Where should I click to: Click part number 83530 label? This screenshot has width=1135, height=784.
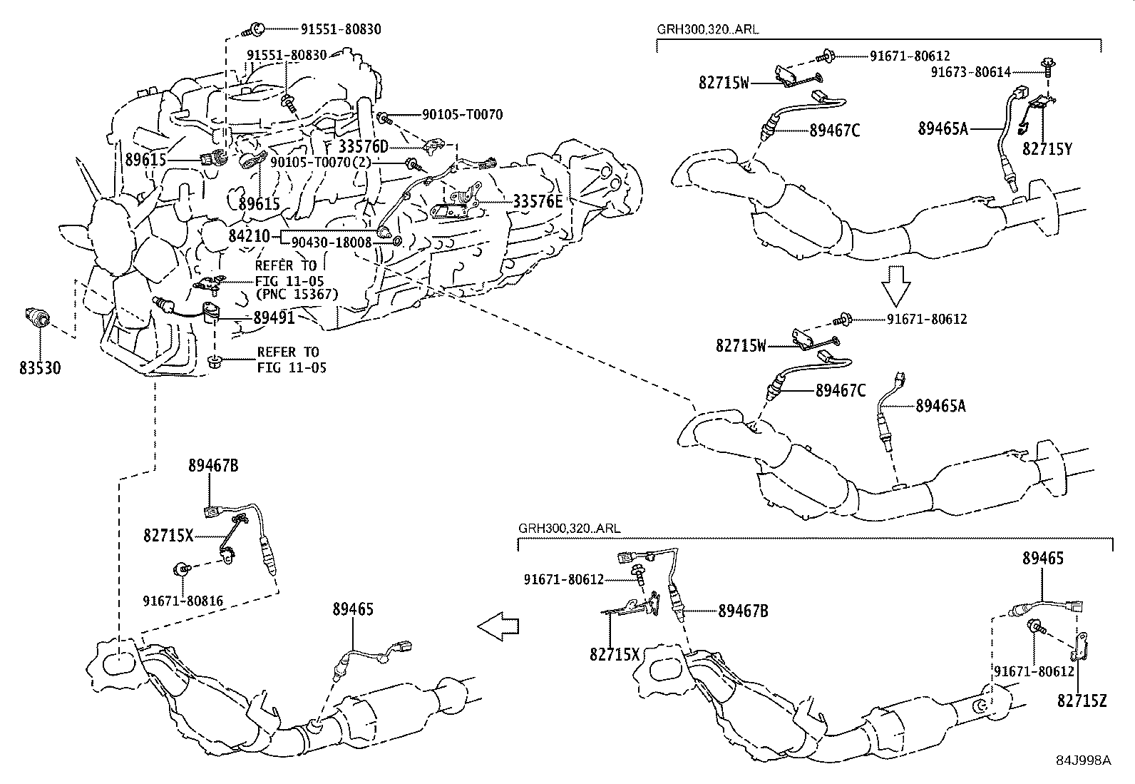[40, 368]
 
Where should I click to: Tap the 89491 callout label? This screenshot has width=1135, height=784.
[274, 317]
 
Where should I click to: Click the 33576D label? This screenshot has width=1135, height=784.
[363, 147]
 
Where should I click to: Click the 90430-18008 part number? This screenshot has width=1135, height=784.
[333, 243]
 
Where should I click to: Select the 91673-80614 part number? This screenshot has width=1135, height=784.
[980, 72]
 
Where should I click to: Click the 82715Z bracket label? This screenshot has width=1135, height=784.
[1082, 701]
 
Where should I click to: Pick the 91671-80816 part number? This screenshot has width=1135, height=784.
[183, 601]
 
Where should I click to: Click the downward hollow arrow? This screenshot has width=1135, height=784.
[896, 285]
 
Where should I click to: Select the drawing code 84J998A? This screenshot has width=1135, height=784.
[1084, 760]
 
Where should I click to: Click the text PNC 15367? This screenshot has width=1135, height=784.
[297, 294]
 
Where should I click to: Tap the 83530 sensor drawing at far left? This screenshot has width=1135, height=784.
[36, 317]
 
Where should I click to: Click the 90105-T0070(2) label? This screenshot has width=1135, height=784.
[327, 163]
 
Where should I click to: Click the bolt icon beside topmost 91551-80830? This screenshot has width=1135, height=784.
[254, 30]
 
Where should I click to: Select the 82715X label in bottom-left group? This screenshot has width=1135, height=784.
[168, 535]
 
